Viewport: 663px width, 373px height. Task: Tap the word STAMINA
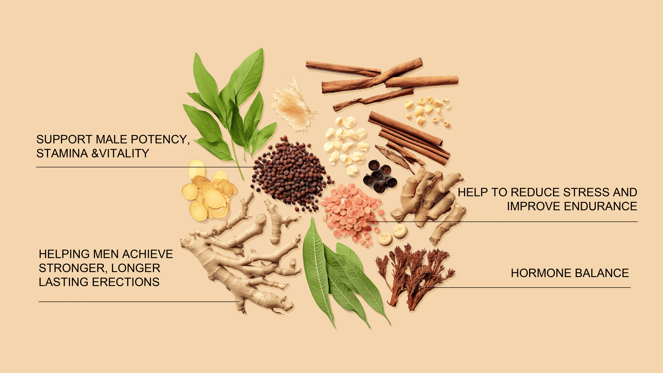tap(62, 154)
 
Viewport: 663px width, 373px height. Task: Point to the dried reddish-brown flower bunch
tap(414, 277)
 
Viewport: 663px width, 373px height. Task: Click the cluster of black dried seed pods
tap(380, 176)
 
